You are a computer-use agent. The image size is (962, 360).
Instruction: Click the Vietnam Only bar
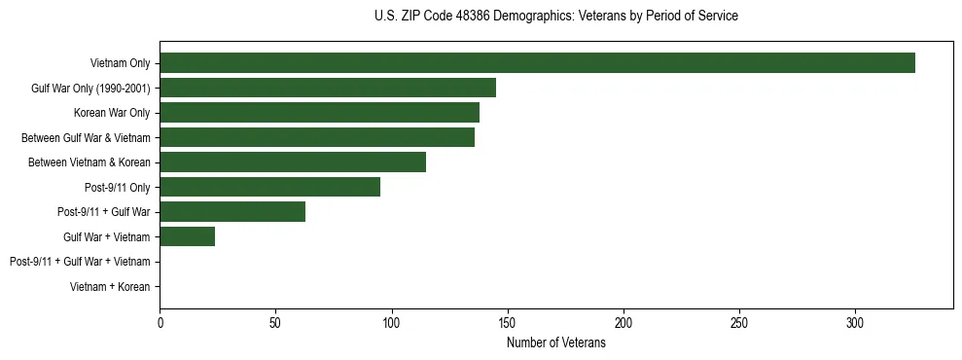(537, 63)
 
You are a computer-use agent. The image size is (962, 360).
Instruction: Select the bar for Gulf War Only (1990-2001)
(328, 88)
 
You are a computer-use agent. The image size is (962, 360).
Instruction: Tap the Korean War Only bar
(319, 113)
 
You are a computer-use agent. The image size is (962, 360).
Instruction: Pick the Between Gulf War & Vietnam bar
(317, 137)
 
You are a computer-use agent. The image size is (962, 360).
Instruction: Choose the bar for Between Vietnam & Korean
(293, 162)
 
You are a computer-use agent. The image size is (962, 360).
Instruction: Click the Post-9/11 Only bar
(269, 187)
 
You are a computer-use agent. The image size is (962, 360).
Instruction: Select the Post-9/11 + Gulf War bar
(232, 212)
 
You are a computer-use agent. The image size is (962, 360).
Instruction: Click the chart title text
(556, 17)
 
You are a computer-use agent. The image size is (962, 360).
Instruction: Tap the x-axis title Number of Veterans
(556, 343)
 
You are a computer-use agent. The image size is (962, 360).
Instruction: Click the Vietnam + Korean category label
(110, 287)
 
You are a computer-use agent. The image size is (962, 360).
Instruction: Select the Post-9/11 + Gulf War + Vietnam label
(80, 262)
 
